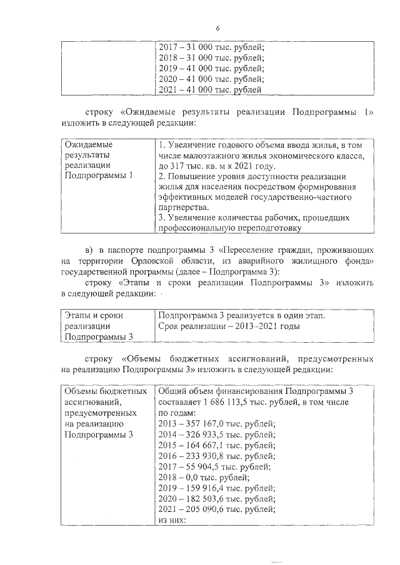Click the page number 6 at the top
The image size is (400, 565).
pyautogui.click(x=218, y=28)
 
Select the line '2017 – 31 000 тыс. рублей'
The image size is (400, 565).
pyautogui.click(x=212, y=47)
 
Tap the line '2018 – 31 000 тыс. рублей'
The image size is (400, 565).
pyautogui.click(x=212, y=57)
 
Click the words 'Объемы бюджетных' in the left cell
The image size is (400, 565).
pyautogui.click(x=103, y=391)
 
